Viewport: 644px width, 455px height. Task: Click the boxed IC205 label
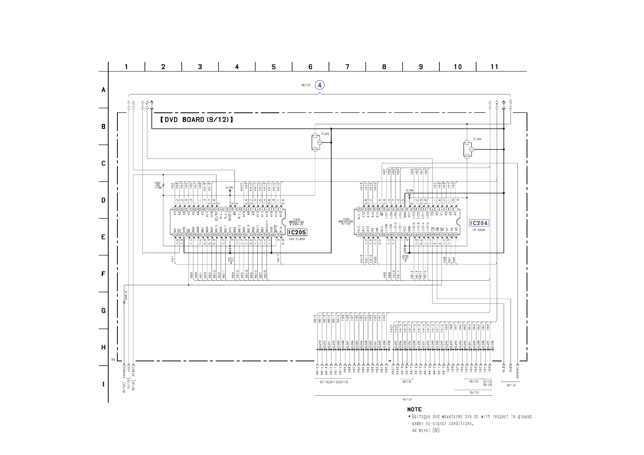(x=297, y=232)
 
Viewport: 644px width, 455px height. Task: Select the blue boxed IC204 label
(x=479, y=223)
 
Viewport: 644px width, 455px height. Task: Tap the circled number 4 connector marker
(x=320, y=85)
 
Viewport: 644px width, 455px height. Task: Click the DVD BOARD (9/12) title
(x=197, y=120)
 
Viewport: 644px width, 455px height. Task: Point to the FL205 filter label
(x=325, y=134)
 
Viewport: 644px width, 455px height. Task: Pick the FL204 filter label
(x=477, y=139)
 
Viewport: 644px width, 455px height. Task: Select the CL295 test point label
(x=229, y=187)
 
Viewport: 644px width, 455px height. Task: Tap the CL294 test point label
(x=409, y=190)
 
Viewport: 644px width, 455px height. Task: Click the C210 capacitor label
(x=405, y=257)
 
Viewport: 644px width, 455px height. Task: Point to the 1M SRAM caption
(x=478, y=230)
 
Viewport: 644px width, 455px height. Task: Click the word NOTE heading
(x=414, y=409)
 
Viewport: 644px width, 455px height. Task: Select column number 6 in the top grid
(x=310, y=67)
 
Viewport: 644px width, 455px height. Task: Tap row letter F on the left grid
(x=103, y=274)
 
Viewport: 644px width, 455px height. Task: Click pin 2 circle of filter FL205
(x=320, y=143)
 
